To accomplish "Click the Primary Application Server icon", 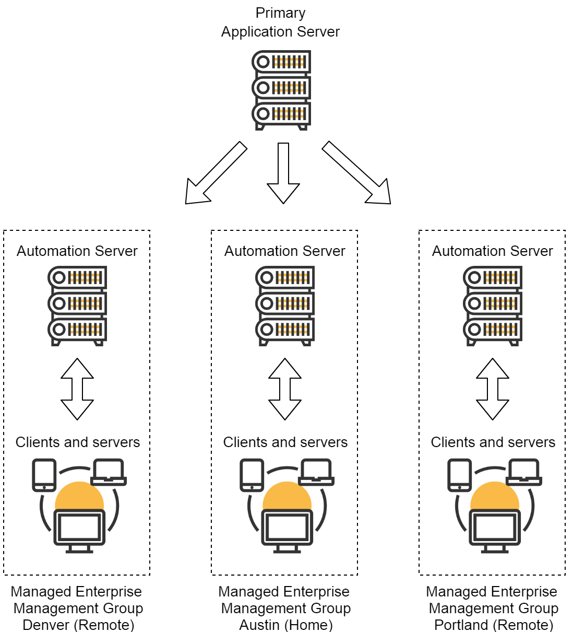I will pos(281,90).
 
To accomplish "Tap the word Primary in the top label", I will pos(280,13).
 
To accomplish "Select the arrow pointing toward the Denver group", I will pos(214,173).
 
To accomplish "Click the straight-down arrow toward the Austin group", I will pos(283,172).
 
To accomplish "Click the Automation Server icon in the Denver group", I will pos(78,306).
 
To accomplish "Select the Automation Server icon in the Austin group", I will pos(285,306).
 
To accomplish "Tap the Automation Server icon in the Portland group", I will pos(493,306).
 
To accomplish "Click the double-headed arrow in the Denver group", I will pos(77,389).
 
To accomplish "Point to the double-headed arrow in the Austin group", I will pos(285,389).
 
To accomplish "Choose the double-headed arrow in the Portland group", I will pos(493,389).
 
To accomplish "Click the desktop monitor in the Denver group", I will pos(79,530).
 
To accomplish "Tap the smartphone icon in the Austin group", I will pos(252,475).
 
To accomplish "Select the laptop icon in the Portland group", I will pos(524,472).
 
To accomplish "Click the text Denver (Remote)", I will pos(78,625).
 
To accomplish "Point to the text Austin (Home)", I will pos(286,625).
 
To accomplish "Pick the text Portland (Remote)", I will pos(494,625).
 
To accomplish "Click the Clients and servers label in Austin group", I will pos(285,442).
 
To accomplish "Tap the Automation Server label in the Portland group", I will pos(492,251).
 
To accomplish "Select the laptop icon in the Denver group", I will pos(109,472).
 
